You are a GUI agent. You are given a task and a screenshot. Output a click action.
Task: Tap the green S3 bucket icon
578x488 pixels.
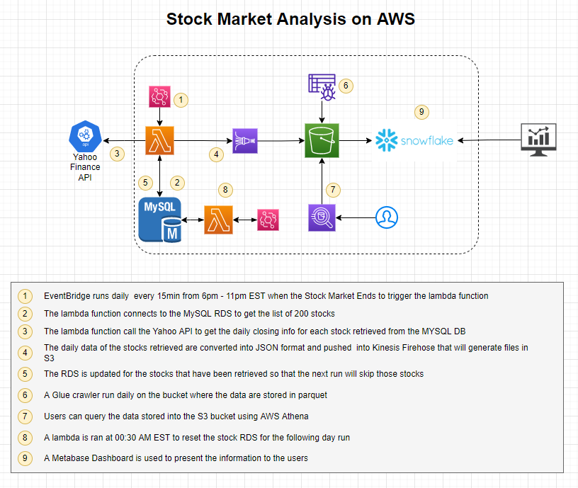coord(322,140)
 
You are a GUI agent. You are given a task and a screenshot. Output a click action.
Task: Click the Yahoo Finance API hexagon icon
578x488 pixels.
coord(84,136)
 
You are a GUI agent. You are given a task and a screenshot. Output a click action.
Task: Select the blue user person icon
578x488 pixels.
coord(387,217)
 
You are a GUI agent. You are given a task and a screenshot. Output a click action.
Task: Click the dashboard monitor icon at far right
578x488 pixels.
coord(538,140)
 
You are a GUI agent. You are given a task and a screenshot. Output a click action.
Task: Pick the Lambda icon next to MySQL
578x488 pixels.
coord(218,220)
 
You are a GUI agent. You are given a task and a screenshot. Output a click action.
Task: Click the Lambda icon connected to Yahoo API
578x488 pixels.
coord(159,140)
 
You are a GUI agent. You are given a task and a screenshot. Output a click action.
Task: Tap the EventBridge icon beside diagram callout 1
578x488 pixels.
coord(159,97)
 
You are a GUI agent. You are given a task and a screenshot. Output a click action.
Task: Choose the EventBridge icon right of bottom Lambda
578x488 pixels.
coord(268,220)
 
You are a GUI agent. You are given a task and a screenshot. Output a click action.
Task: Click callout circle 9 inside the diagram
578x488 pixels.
coord(421,112)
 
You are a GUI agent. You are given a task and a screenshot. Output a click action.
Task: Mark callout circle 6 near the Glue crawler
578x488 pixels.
coord(346,86)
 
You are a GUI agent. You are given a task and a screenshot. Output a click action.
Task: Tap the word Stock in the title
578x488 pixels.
coord(188,19)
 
